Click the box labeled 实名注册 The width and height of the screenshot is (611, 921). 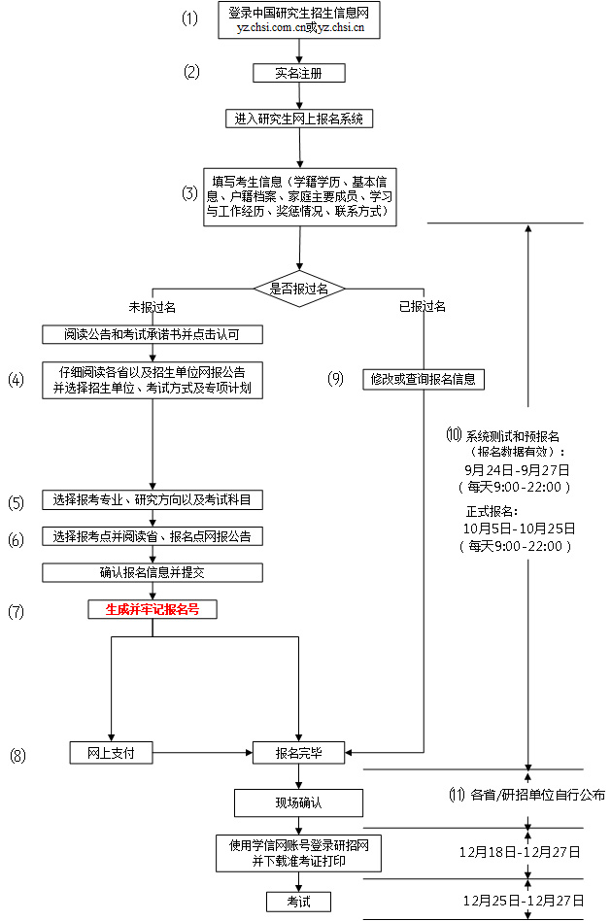click(298, 73)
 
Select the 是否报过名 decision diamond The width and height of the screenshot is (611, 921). click(299, 289)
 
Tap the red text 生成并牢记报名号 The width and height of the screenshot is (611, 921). click(153, 609)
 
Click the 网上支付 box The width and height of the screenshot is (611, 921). click(112, 753)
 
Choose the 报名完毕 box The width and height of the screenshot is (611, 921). click(298, 753)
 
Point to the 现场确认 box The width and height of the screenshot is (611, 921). click(298, 803)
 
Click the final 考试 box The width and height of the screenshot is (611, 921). click(298, 902)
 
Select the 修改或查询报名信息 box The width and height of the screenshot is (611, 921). click(423, 379)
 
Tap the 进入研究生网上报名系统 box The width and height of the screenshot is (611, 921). click(298, 119)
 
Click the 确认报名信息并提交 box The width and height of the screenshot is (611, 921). click(153, 572)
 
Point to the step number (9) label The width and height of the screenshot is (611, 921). click(336, 379)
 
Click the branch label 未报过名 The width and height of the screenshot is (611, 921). click(153, 307)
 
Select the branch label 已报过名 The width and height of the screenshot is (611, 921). click(422, 307)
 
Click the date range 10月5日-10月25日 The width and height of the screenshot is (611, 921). click(519, 528)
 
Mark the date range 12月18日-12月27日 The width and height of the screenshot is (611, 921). click(520, 851)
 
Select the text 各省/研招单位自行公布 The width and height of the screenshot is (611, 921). click(537, 795)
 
